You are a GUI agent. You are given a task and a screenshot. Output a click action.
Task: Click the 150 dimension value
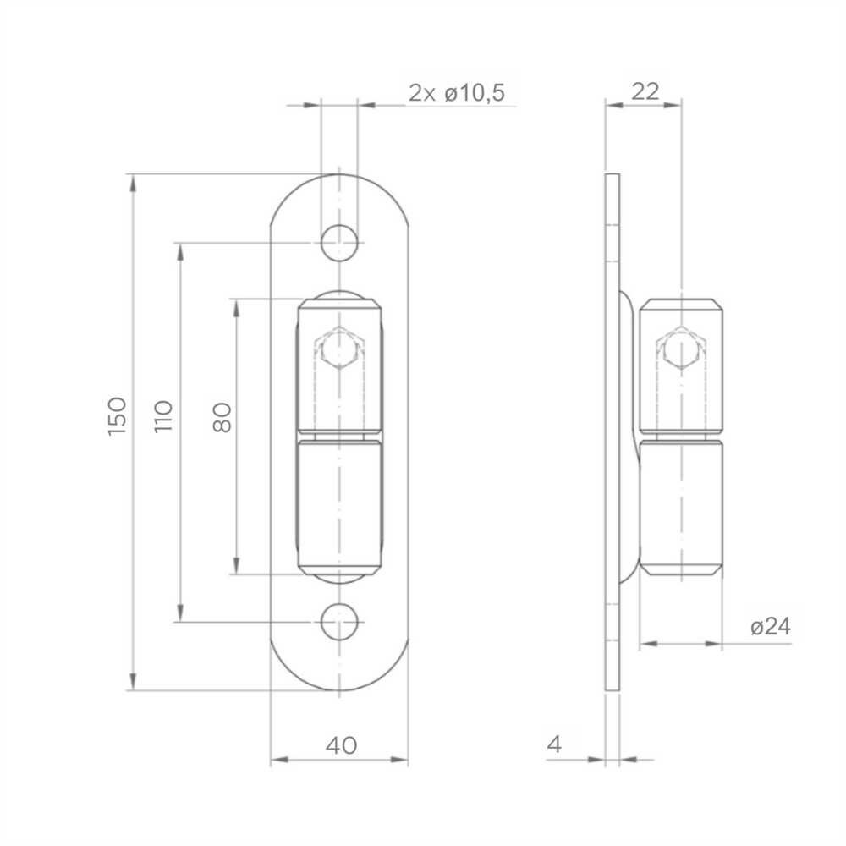117,416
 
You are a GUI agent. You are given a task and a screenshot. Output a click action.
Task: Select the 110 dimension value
163,416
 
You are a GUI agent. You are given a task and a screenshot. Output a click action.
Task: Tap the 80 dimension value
222,418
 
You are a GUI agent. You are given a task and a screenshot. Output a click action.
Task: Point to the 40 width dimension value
341,745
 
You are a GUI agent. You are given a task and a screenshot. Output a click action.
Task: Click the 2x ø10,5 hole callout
457,93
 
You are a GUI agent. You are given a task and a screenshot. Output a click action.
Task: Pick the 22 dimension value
645,91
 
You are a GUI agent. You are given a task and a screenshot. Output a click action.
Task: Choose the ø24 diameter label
771,626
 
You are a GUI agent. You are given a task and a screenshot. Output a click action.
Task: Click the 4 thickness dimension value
554,744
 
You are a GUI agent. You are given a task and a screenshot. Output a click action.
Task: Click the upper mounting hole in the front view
339,243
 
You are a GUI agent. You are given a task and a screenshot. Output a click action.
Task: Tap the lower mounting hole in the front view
339,622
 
